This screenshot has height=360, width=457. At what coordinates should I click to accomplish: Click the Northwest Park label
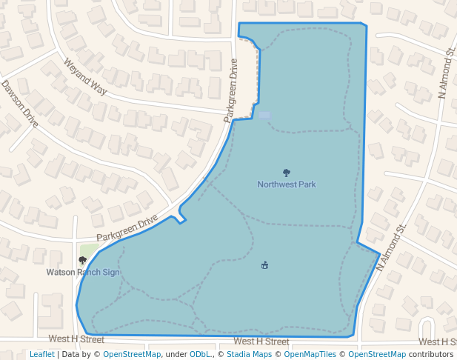[287, 184]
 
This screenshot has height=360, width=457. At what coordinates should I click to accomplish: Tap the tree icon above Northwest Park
[287, 173]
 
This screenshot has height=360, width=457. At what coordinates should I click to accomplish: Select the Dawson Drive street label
[19, 105]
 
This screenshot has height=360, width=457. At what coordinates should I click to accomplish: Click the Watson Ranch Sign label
[83, 272]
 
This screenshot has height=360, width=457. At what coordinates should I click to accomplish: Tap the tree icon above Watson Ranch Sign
[82, 260]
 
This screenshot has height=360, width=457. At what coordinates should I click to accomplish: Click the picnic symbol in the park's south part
[264, 265]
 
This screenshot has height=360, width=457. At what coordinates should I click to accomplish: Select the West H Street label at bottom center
[261, 341]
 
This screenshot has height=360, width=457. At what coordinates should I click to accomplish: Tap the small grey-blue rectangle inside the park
[264, 115]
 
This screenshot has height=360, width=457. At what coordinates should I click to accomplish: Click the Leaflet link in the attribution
[41, 354]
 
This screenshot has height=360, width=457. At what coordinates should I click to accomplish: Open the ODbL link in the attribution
[200, 354]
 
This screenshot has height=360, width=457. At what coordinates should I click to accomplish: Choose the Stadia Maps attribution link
[248, 354]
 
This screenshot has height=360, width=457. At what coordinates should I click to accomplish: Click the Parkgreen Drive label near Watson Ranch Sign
[127, 228]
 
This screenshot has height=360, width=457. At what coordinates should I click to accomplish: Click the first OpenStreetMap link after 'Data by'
[132, 354]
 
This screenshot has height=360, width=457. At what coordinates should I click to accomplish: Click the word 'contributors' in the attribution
[431, 354]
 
